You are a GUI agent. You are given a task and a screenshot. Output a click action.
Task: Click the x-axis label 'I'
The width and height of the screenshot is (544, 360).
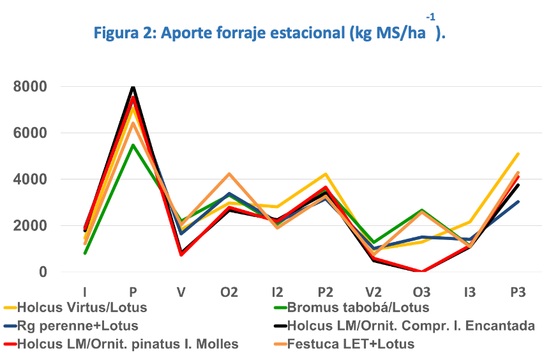[85, 292]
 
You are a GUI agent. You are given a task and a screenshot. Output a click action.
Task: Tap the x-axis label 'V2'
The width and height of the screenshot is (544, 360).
[373, 292]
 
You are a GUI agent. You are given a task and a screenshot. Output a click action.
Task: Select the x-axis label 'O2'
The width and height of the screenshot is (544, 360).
[229, 292]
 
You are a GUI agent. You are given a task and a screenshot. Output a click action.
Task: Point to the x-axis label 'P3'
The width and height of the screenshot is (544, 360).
[518, 292]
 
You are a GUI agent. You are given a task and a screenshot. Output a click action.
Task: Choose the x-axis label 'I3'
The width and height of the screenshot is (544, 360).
[470, 292]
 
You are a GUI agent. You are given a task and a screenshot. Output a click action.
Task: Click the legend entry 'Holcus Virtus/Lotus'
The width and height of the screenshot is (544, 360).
[82, 308]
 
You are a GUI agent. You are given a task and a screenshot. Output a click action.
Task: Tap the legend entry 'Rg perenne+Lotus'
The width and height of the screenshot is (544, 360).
[78, 326]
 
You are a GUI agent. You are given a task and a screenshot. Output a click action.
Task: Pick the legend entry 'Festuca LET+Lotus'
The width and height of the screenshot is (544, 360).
[351, 345]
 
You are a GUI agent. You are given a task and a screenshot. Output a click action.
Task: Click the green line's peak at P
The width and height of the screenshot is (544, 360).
[133, 146]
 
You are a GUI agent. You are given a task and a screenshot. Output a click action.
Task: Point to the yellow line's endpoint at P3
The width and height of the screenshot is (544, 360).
[518, 154]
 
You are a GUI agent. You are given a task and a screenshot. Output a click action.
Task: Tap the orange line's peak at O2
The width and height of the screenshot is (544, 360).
[229, 174]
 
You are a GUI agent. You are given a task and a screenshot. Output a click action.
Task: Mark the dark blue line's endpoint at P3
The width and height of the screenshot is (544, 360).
[518, 202]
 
